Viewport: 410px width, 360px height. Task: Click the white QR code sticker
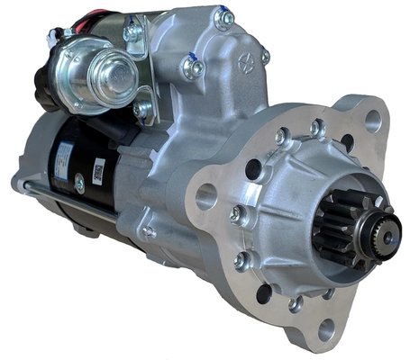pyautogui.click(x=98, y=168)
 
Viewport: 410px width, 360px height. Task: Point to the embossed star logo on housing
pyautogui.click(x=243, y=64)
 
